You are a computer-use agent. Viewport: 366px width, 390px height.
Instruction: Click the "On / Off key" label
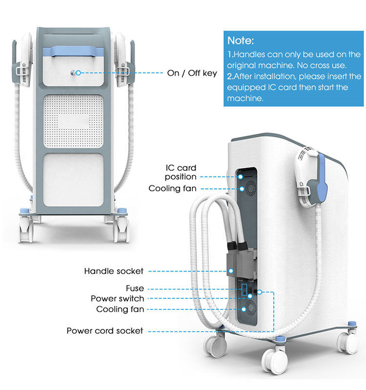192,73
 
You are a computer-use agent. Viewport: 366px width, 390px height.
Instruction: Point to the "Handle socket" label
114,270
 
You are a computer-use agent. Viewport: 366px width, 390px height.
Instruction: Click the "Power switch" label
118,298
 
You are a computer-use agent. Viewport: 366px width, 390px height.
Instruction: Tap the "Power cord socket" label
105,330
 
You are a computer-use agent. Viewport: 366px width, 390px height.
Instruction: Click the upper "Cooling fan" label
172,188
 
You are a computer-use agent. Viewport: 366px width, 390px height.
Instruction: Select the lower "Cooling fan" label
120,309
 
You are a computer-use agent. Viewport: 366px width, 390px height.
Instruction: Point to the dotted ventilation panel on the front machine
75,121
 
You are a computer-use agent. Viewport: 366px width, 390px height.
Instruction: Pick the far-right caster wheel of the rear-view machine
349,344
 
